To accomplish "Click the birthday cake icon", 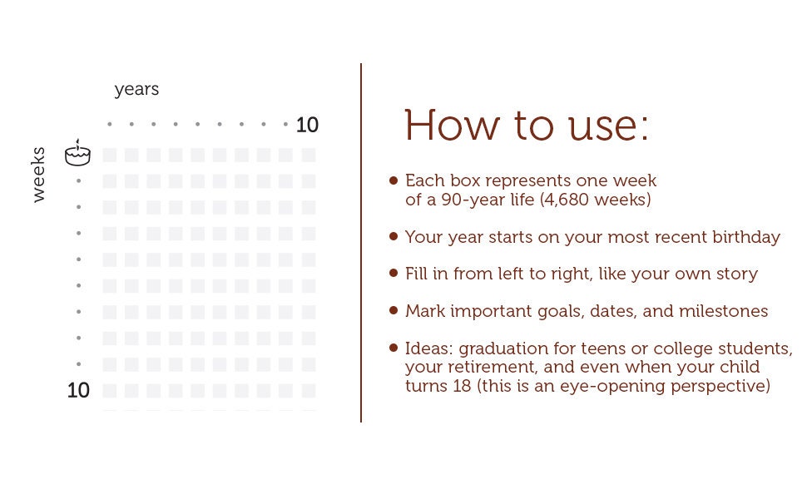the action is pyautogui.click(x=77, y=153).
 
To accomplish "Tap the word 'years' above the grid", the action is pyautogui.click(x=136, y=90).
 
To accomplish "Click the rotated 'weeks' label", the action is pyautogui.click(x=38, y=175).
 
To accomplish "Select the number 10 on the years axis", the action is pyautogui.click(x=307, y=125).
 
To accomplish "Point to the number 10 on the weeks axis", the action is pyautogui.click(x=78, y=390).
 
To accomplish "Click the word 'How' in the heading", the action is pyautogui.click(x=452, y=125).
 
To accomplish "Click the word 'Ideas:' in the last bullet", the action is pyautogui.click(x=428, y=348).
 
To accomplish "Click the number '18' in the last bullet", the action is pyautogui.click(x=463, y=386).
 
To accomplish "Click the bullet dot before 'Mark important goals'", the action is pyautogui.click(x=394, y=310).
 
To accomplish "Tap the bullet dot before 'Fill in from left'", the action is pyautogui.click(x=394, y=273).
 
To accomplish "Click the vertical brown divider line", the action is pyautogui.click(x=361, y=243).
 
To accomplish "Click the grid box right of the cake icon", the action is pyautogui.click(x=109, y=155).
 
